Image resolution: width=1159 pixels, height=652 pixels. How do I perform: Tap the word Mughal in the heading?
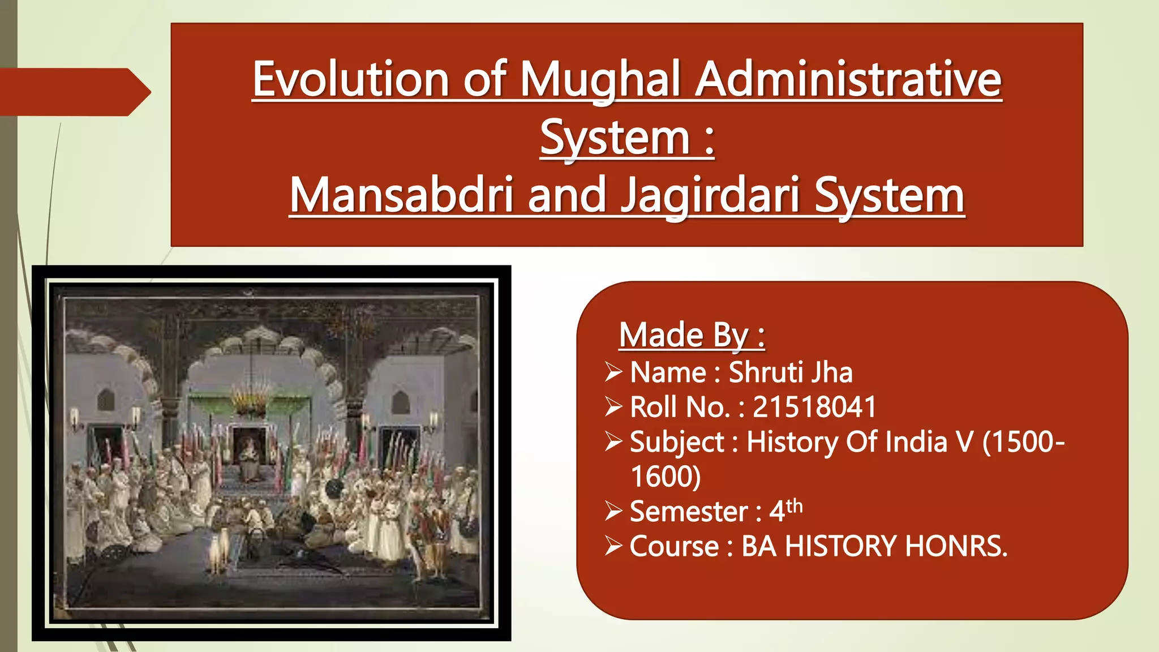coord(600,80)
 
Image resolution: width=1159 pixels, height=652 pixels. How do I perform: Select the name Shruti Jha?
coord(790,372)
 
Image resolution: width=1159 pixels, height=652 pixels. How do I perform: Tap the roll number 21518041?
coord(814,407)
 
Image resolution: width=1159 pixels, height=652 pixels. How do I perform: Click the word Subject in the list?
coord(677,442)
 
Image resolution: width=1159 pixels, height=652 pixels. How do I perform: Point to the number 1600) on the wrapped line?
coord(666,477)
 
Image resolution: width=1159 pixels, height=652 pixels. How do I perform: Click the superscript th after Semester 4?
coord(794,505)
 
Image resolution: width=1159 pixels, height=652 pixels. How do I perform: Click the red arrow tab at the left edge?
coord(74,92)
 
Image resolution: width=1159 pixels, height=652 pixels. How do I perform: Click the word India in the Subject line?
coord(915,442)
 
